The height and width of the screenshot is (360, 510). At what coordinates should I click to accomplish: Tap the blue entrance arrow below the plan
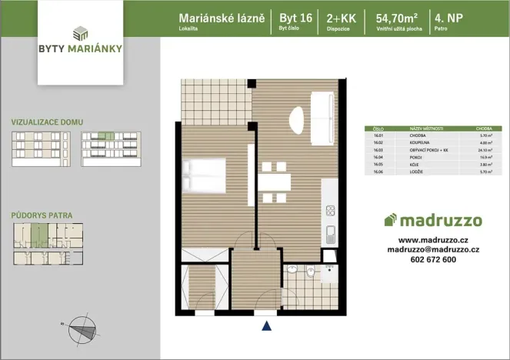coord(266,325)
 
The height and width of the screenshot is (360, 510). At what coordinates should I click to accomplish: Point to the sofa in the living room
coord(322,115)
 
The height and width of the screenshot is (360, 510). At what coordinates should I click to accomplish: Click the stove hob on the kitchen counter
coord(330,209)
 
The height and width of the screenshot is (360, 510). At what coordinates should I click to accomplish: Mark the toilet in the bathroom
coord(307,272)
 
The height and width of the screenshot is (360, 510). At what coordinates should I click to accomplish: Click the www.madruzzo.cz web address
coord(434,239)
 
